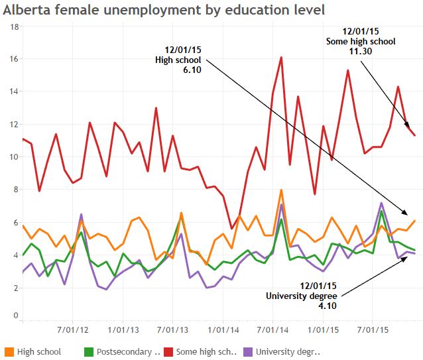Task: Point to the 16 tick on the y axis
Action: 15,59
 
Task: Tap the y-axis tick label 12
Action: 15,125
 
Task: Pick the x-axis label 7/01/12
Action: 74,329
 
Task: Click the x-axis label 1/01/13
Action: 123,329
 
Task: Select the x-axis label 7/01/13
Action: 174,329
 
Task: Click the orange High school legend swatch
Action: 9,351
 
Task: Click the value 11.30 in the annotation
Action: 361,50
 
